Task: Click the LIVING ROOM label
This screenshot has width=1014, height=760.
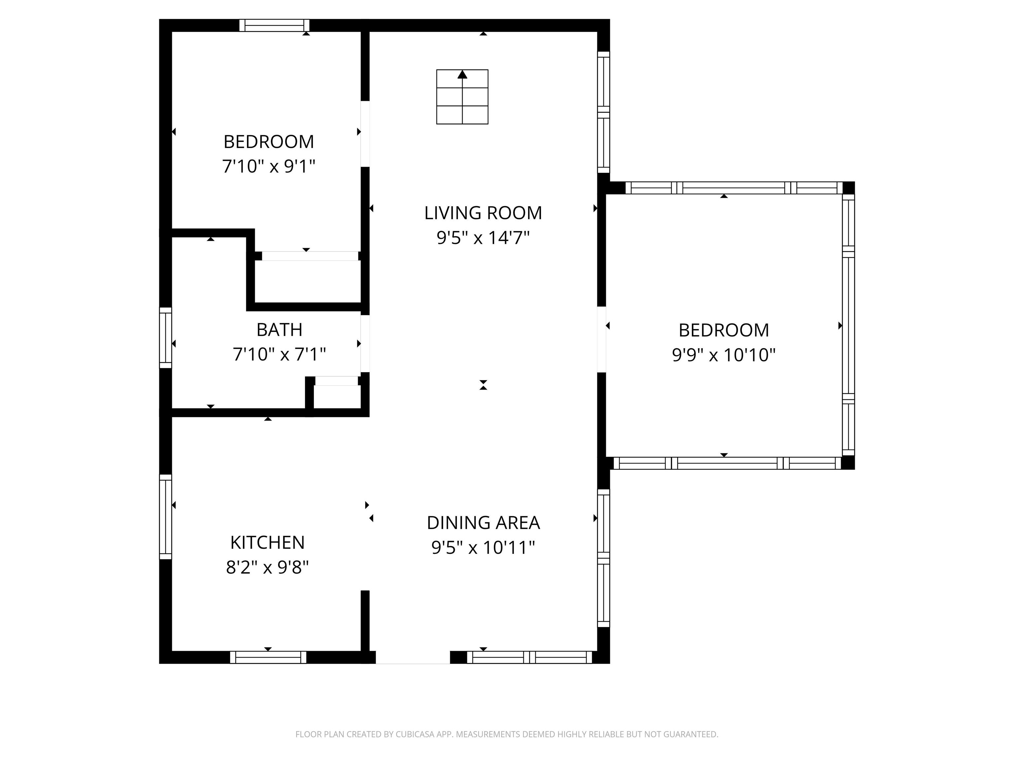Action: coord(483,213)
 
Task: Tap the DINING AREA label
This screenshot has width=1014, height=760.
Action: coord(483,523)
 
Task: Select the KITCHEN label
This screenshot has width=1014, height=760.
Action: coord(267,543)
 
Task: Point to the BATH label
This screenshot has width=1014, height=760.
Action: coord(279,330)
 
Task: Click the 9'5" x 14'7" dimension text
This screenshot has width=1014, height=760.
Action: coord(483,238)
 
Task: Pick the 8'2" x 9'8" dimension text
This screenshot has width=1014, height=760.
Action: coord(267,568)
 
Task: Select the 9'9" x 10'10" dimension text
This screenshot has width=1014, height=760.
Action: coord(724,355)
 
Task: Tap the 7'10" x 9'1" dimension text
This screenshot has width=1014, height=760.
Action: coord(269,166)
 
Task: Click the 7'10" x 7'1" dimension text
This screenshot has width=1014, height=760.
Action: coord(279,355)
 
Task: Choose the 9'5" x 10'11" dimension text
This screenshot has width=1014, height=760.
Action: coord(483,548)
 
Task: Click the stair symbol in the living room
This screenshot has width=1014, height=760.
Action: coord(462,97)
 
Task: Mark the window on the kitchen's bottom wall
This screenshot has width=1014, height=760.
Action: coord(268,657)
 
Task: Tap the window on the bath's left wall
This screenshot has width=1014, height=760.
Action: coord(165,338)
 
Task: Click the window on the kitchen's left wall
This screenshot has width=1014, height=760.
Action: coord(165,517)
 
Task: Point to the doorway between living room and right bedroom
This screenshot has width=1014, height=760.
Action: coord(601,339)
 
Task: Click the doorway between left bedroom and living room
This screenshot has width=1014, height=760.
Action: coord(365,134)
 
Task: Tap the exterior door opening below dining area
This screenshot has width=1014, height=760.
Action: coord(413,657)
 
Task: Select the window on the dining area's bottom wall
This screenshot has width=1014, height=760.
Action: coord(529,657)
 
